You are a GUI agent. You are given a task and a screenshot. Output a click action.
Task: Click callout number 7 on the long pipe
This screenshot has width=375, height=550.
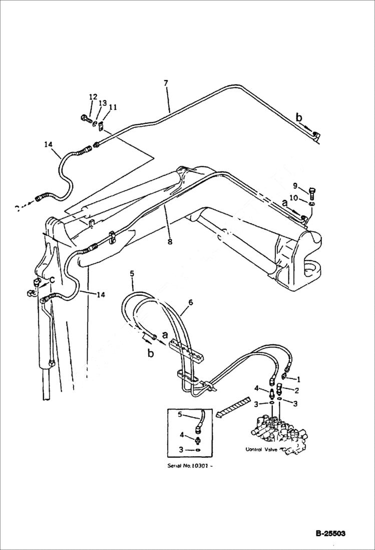tap(166, 82)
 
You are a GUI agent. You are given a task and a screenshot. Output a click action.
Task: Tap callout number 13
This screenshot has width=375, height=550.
tap(103, 103)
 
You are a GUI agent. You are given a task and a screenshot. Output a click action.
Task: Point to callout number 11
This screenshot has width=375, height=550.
tap(113, 107)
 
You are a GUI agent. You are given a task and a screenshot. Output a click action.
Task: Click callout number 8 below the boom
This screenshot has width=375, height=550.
tap(170, 241)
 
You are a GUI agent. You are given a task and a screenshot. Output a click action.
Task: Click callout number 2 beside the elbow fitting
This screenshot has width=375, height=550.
tap(296, 390)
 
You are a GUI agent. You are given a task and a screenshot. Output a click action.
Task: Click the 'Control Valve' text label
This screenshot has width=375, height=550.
tap(262, 449)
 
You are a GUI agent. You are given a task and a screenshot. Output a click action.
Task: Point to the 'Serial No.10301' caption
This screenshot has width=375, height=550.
tap(193, 465)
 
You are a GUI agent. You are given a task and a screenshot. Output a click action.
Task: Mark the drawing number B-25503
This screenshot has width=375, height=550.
tap(330, 534)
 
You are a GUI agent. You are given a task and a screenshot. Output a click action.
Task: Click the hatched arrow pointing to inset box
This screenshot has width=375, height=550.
tap(233, 406)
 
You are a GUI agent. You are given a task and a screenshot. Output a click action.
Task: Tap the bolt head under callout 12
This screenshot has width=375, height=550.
tap(84, 118)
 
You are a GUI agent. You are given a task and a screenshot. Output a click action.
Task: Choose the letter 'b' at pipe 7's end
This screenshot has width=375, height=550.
tap(299, 118)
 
